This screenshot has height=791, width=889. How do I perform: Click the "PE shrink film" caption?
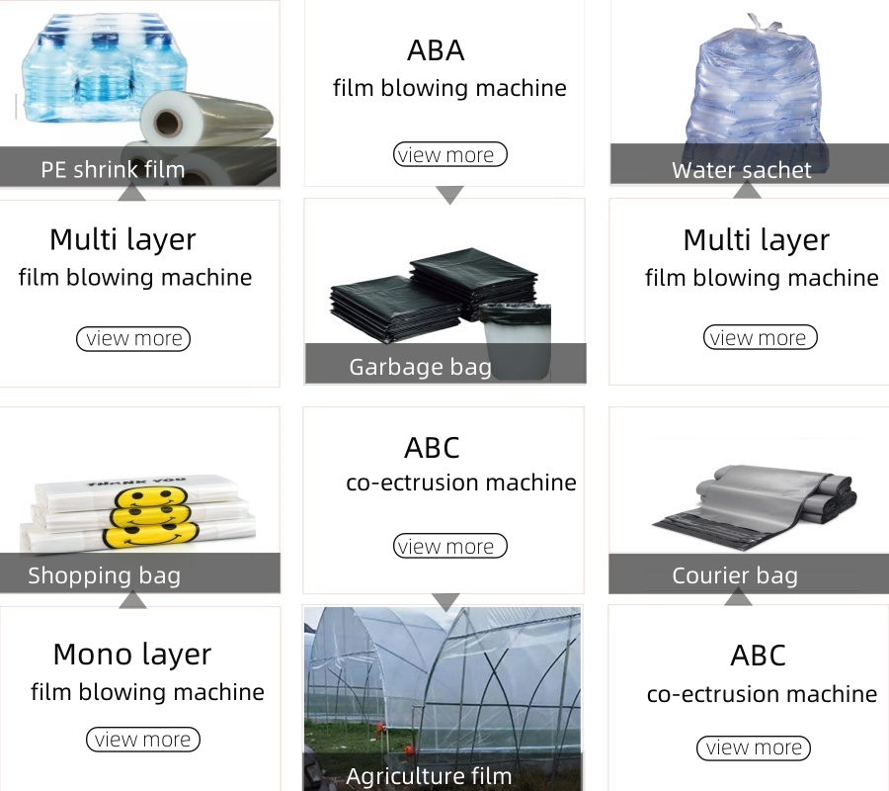pyautogui.click(x=113, y=169)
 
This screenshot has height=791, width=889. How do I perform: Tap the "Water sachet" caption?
pyautogui.click(x=741, y=170)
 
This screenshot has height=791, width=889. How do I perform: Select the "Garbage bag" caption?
pyautogui.click(x=420, y=368)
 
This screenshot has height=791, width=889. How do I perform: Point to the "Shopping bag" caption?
pyautogui.click(x=104, y=575)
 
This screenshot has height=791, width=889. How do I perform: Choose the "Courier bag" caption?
pyautogui.click(x=734, y=575)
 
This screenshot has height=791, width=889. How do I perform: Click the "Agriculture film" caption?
pyautogui.click(x=429, y=776)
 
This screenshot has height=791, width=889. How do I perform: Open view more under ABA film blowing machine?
pyautogui.click(x=449, y=154)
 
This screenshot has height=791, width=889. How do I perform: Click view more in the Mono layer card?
pyautogui.click(x=142, y=740)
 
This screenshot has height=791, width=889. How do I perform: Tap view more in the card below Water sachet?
pyautogui.click(x=760, y=338)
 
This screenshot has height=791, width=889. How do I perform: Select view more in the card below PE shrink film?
pyautogui.click(x=132, y=338)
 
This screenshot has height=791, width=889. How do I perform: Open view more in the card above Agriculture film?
pyautogui.click(x=449, y=546)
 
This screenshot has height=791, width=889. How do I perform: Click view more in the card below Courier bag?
pyautogui.click(x=753, y=748)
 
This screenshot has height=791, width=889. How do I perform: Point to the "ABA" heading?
pyautogui.click(x=436, y=50)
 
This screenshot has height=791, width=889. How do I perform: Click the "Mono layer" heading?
pyautogui.click(x=131, y=655)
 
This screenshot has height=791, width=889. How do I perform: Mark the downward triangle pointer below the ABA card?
pyautogui.click(x=449, y=195)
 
